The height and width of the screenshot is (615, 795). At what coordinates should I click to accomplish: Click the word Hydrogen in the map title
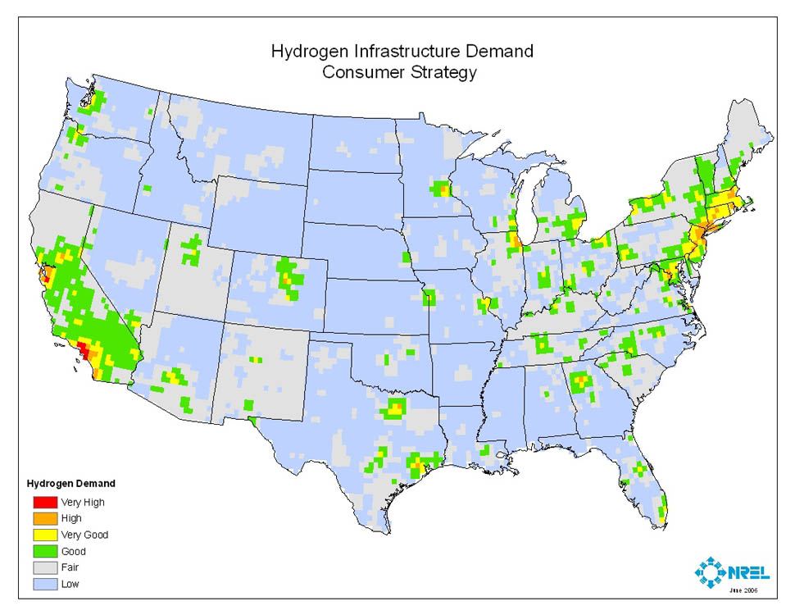305,52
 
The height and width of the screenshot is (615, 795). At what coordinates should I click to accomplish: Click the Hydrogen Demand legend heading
71,483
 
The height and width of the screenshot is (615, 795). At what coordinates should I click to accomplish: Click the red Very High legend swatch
43,502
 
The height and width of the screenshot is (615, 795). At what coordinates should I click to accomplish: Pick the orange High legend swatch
43,518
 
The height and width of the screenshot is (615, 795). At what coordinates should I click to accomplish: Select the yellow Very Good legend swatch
43,535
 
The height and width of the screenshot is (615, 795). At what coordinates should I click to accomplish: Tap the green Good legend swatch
43,551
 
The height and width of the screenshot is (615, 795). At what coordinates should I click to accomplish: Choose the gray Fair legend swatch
43,567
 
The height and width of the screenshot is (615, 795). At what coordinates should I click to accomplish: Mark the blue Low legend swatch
43,584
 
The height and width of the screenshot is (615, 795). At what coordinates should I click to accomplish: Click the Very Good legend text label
84,535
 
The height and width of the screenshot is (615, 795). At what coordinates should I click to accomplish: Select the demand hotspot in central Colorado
287,279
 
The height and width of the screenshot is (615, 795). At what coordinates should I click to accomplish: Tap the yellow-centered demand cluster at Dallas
396,408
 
